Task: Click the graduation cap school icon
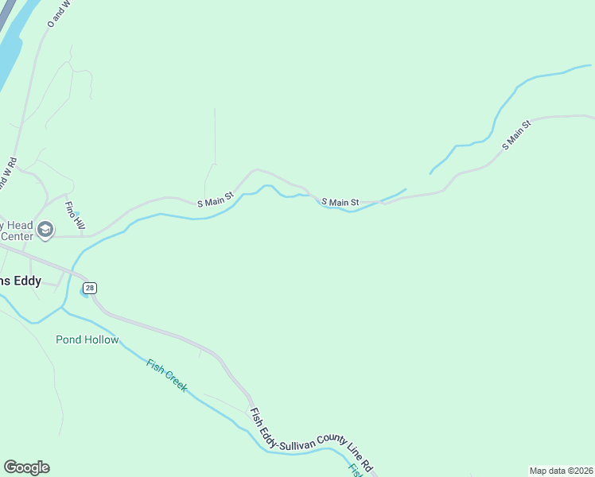(x=46, y=231)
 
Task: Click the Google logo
(x=26, y=467)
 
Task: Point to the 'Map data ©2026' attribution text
(x=561, y=471)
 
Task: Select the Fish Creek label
(x=167, y=375)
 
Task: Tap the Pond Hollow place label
(x=87, y=340)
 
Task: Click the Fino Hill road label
(x=74, y=217)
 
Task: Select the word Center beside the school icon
(x=17, y=236)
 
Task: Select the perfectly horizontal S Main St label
(x=340, y=203)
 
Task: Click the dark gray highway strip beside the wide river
(x=7, y=13)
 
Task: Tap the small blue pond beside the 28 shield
(x=84, y=290)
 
